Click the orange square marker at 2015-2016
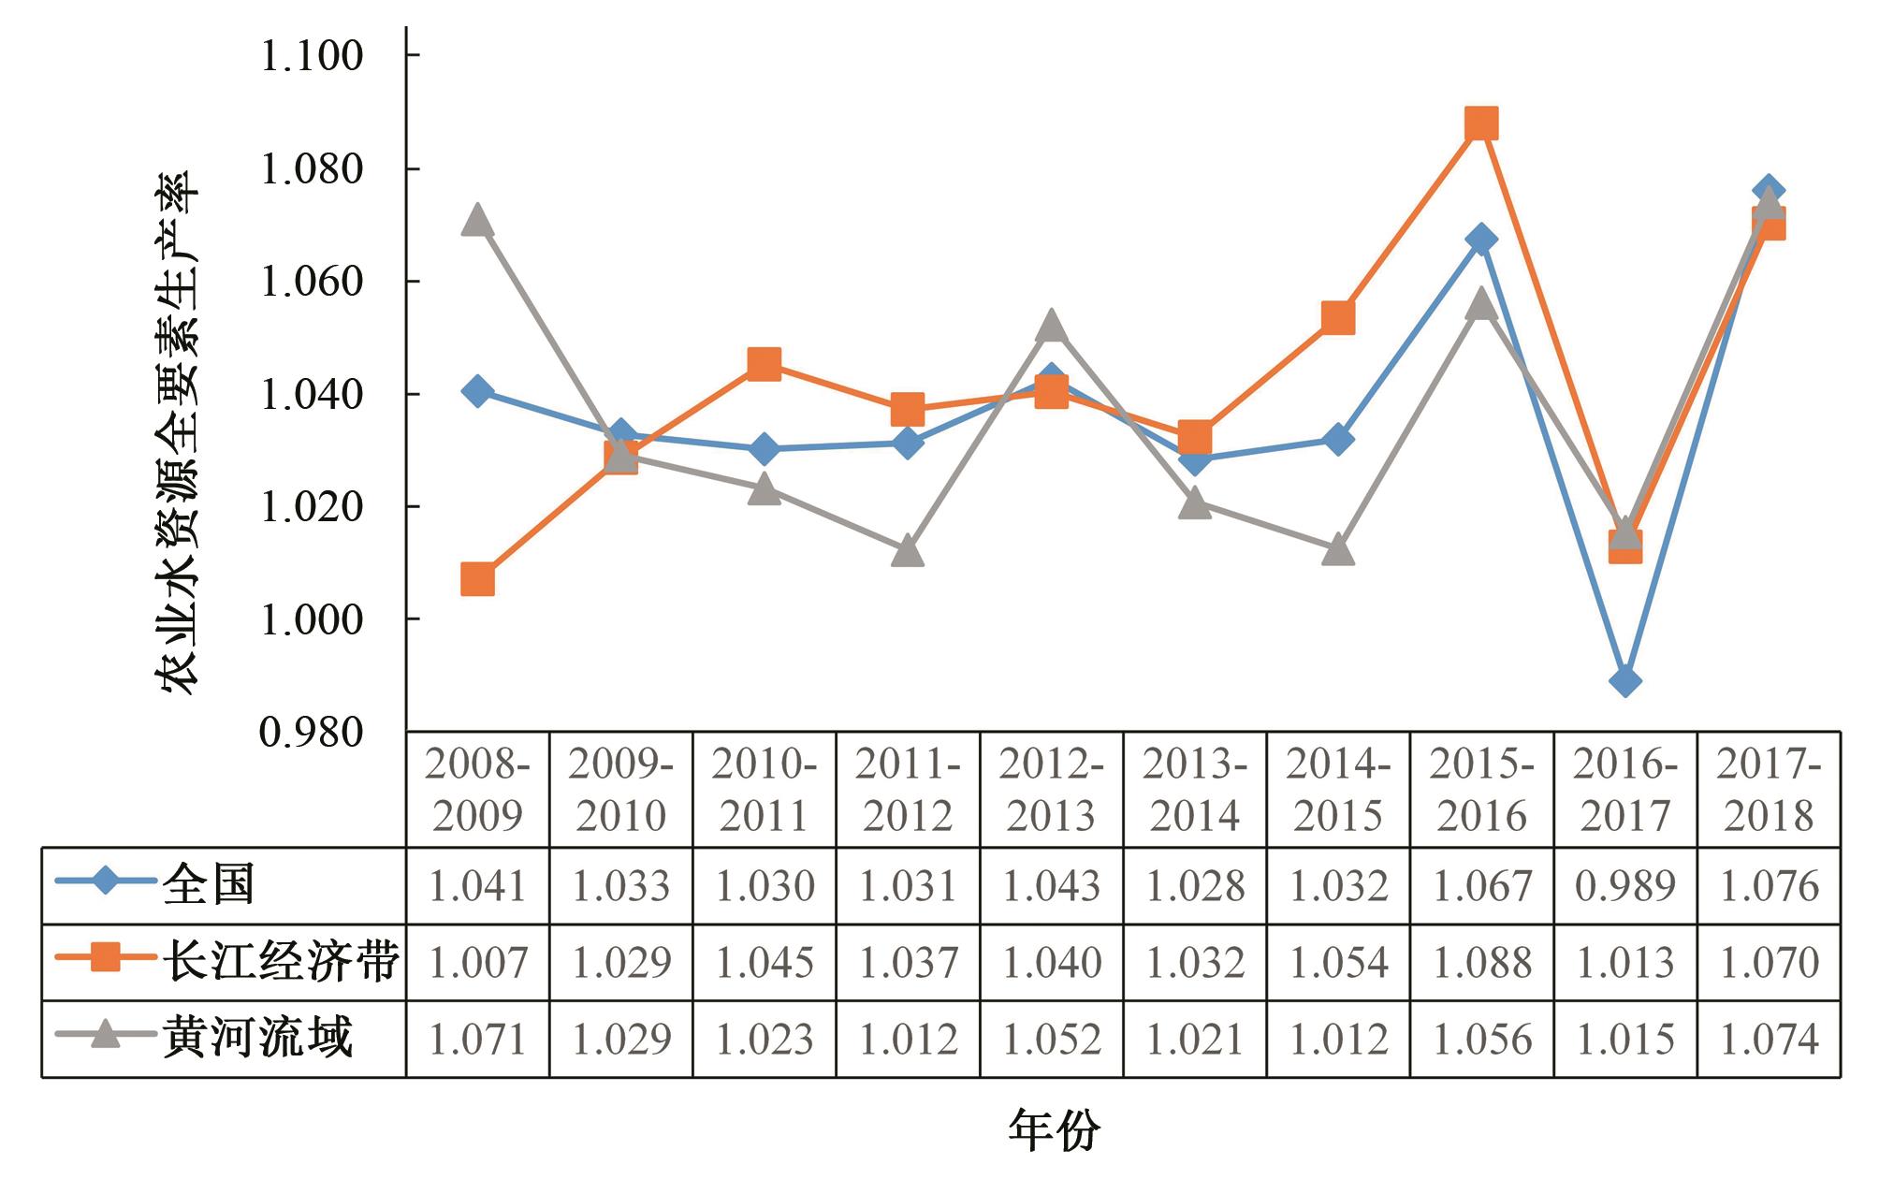pos(1481,124)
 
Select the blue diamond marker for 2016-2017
pos(1625,680)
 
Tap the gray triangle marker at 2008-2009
pos(477,221)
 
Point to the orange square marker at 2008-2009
pos(477,580)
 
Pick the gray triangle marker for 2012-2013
pos(1051,327)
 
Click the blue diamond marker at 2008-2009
pos(477,390)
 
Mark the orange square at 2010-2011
pos(765,364)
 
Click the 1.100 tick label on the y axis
pos(312,56)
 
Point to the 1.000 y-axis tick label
pos(312,619)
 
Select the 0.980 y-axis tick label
pos(312,733)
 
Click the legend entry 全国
pos(208,885)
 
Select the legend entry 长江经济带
pos(281,962)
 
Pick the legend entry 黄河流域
pos(257,1038)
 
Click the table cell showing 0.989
pos(1625,886)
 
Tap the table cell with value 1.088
pos(1481,963)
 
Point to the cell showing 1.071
pos(477,1039)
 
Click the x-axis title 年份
pos(1054,1130)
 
